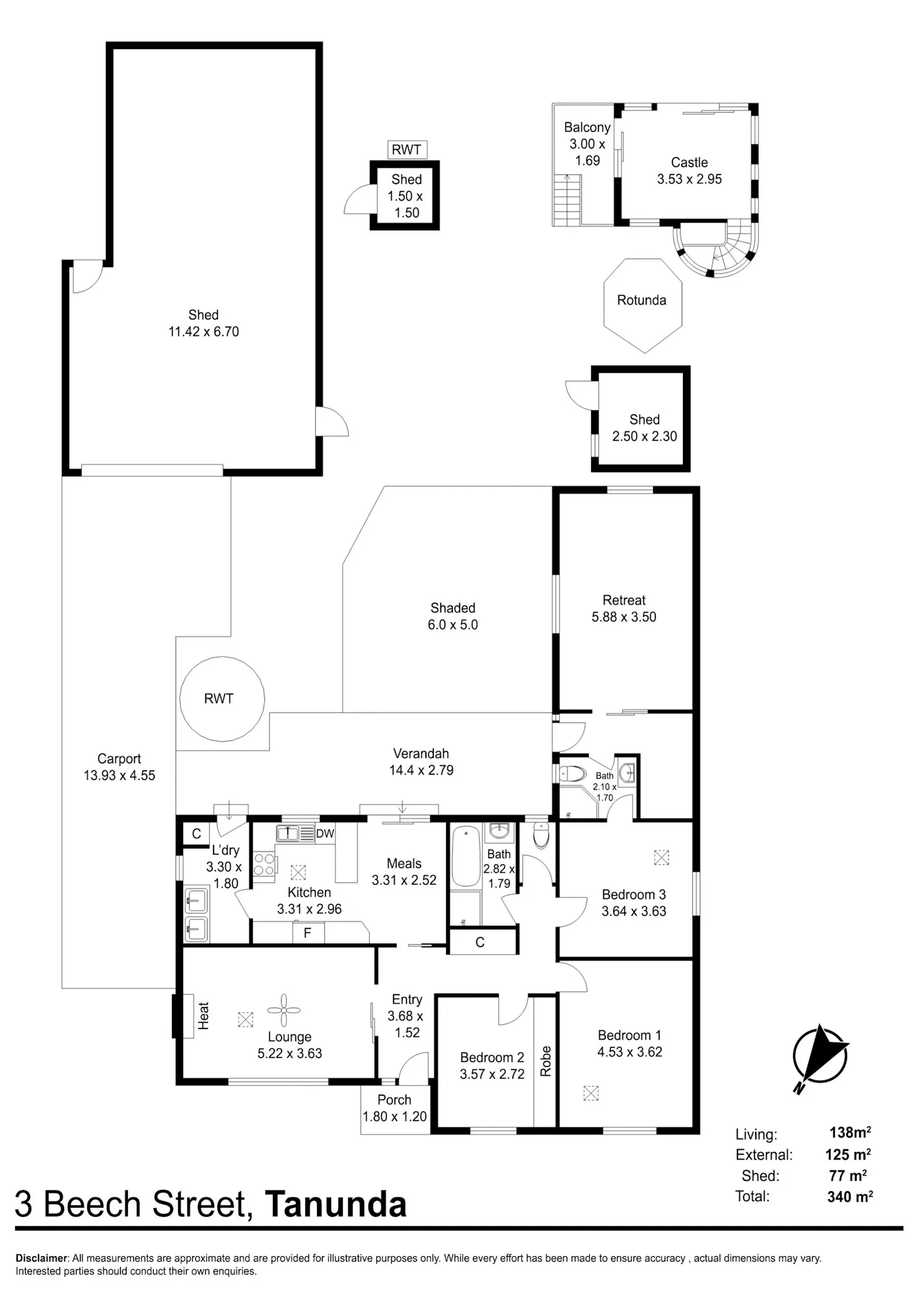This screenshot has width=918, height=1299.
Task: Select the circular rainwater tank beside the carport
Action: pos(222,698)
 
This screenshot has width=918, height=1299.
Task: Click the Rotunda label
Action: pos(641,300)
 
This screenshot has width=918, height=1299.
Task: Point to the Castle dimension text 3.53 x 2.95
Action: pos(690,179)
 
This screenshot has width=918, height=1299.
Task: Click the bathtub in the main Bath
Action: pos(466,856)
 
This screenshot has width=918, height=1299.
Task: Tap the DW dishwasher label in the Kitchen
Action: pos(325,833)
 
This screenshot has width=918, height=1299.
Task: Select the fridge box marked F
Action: pos(308,933)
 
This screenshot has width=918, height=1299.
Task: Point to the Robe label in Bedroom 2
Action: pos(546,1061)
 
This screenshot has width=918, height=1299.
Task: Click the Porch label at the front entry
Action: pos(394,1100)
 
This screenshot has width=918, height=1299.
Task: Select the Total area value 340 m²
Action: pos(849,1197)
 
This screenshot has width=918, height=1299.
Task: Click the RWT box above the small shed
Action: pos(406,150)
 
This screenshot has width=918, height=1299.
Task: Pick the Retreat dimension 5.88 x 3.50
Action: pos(624,617)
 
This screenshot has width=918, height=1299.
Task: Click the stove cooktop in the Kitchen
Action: pos(264,864)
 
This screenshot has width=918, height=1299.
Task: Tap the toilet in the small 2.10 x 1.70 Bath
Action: pos(572,774)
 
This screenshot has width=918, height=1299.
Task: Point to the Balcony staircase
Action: pos(567,200)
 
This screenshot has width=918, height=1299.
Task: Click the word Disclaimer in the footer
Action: pos(41,1259)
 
